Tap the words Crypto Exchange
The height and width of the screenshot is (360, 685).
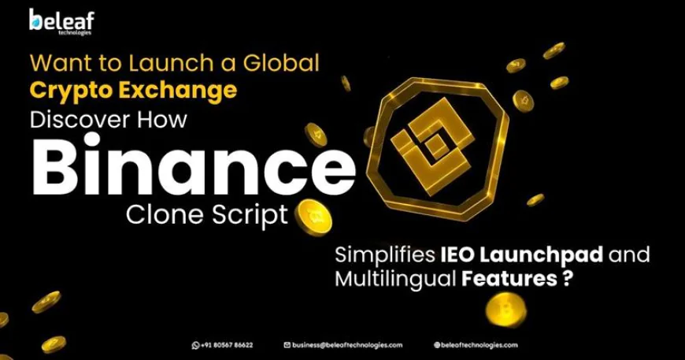click(133, 91)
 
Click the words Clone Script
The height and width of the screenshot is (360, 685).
click(207, 214)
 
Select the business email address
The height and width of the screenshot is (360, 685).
click(347, 345)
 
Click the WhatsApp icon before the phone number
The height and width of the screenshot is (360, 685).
click(195, 345)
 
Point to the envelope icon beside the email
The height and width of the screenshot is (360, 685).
click(287, 345)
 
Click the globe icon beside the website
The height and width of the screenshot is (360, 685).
click(436, 345)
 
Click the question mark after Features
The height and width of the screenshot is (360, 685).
click(567, 278)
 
